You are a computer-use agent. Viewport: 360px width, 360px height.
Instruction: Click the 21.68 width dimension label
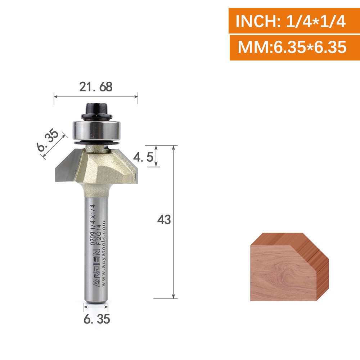96,87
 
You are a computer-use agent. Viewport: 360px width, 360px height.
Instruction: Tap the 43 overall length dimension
164,220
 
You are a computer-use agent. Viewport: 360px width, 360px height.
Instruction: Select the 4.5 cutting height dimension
143,157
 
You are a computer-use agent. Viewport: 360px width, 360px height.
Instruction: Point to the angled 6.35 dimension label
48,140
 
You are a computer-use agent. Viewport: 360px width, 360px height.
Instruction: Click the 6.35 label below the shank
96,319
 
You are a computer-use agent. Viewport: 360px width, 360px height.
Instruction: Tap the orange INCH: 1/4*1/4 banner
294,21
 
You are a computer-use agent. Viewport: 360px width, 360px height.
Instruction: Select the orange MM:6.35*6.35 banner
295,48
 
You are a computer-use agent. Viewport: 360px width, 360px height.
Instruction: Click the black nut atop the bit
96,111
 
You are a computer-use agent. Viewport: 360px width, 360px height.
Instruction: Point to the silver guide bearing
96,130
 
